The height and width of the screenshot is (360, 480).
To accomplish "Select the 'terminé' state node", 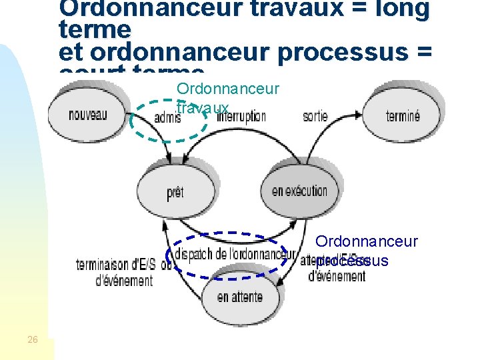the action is (403, 116).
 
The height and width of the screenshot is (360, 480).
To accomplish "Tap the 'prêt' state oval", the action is (175, 193).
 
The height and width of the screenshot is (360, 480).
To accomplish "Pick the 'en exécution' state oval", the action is (299, 191).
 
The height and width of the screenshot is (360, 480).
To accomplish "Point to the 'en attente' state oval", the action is (239, 297).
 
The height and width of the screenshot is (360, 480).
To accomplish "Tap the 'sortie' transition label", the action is (315, 116).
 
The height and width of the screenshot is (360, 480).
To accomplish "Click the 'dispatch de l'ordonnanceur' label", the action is (230, 254).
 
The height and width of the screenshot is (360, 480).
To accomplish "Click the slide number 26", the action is (33, 340).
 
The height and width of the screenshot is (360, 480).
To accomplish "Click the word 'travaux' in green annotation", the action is (203, 108).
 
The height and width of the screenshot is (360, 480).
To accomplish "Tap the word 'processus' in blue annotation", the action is (352, 261).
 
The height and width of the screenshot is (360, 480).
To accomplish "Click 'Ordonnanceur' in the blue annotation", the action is (367, 241).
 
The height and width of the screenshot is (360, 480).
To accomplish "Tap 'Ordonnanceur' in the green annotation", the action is (227, 89).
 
